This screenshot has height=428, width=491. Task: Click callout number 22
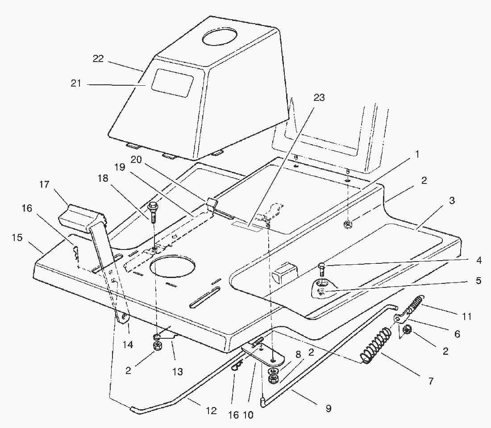point(98,58)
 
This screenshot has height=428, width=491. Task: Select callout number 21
point(76,83)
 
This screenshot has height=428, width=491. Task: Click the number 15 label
point(17,237)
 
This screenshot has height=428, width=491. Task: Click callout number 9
point(329,408)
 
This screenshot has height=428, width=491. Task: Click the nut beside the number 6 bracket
point(407,330)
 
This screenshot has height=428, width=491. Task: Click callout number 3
point(452,201)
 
